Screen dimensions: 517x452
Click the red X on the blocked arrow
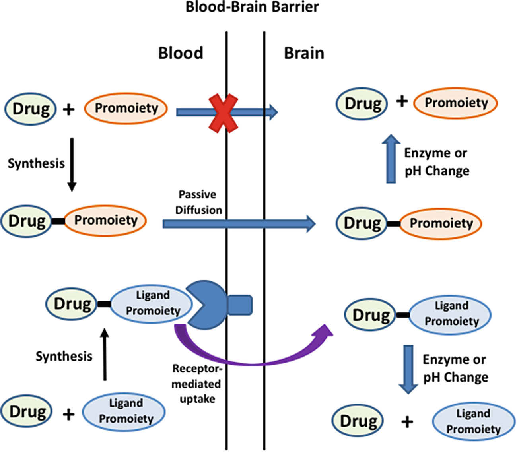tap(224, 113)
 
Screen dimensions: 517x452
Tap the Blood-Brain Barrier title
tap(252, 7)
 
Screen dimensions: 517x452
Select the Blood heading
tap(181, 53)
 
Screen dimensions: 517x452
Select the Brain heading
tap(304, 53)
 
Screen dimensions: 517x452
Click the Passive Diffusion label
tap(198, 202)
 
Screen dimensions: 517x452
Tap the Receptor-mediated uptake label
tap(197, 384)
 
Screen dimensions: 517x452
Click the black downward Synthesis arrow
tap(72, 165)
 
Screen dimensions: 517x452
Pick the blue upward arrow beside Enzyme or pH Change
tap(391, 159)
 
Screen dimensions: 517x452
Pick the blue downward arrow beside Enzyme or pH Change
tap(408, 369)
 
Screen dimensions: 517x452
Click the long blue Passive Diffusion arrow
tap(239, 224)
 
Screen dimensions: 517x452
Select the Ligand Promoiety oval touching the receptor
tap(152, 304)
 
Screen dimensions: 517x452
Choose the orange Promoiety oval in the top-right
tap(455, 103)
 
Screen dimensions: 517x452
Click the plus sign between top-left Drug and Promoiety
tap(69, 110)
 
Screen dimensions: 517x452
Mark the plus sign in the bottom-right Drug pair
tap(407, 421)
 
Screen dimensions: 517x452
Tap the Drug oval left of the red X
tap(30, 109)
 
